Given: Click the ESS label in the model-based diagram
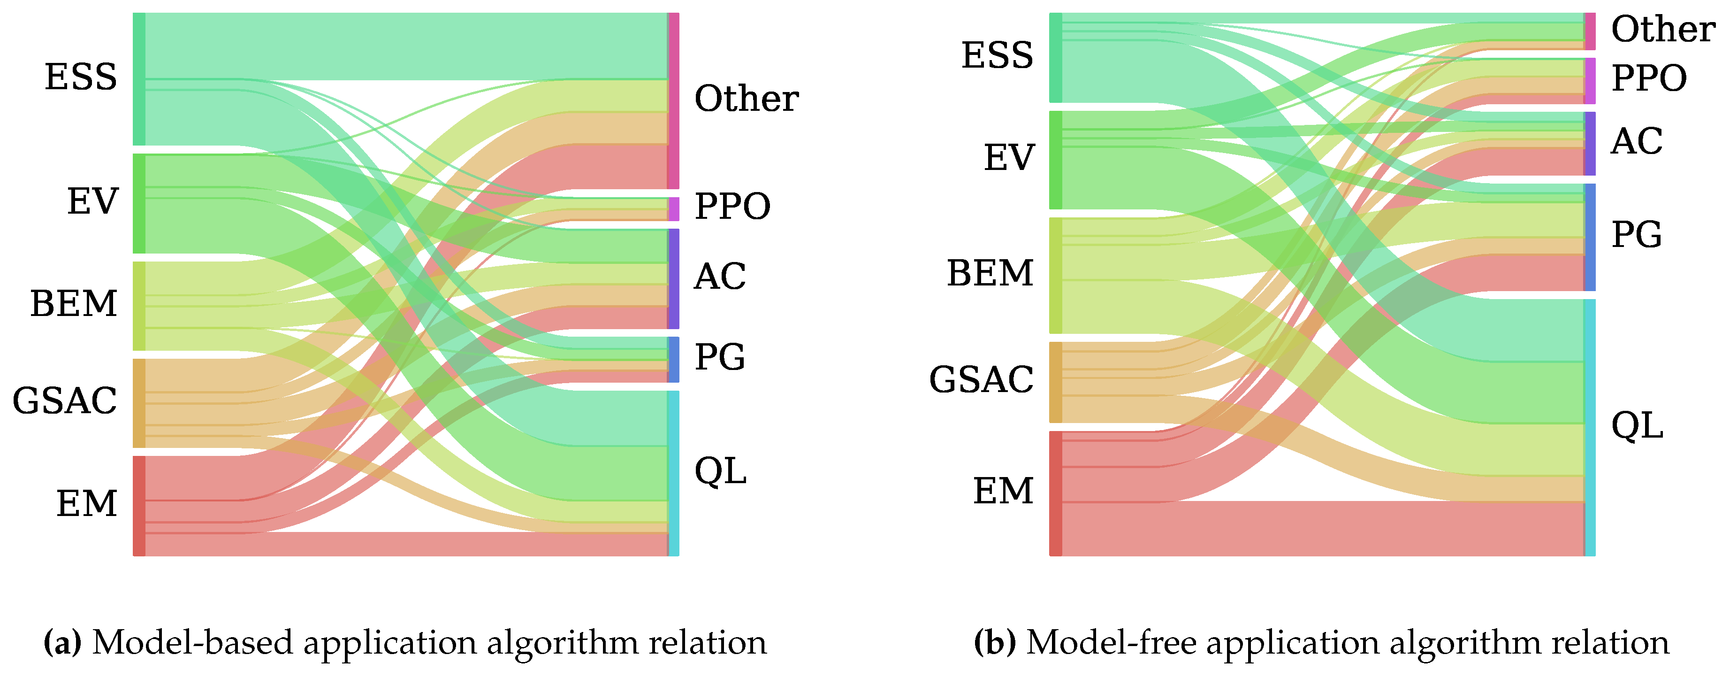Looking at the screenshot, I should [x=81, y=77].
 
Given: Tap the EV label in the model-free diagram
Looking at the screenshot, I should [x=1009, y=159].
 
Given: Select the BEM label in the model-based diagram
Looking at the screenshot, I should [x=74, y=304].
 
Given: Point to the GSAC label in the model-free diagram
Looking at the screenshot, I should [x=981, y=380].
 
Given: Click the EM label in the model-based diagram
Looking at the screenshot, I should [x=86, y=503].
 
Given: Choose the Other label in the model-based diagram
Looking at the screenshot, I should [x=746, y=99].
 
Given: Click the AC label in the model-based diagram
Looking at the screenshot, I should [x=719, y=276].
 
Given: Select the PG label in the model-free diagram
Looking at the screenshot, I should [x=1636, y=235].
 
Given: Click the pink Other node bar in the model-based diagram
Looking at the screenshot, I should [x=674, y=100].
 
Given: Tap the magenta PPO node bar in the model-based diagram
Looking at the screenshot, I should [x=674, y=208].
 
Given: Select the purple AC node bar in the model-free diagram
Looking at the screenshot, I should [x=1590, y=143].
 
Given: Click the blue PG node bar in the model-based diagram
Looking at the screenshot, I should [x=674, y=359].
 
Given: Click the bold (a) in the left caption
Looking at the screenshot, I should [x=62, y=643].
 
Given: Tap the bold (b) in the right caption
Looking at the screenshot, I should [x=995, y=643].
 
